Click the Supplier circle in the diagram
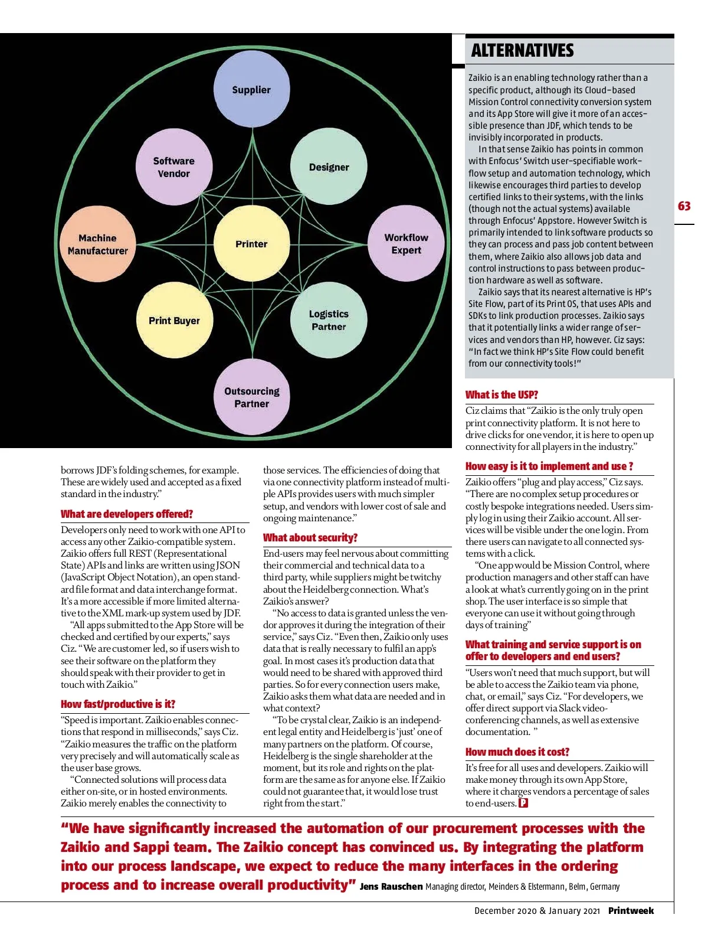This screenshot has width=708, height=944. (251, 90)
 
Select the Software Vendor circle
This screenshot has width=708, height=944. (173, 167)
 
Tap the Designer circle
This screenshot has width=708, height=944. (329, 167)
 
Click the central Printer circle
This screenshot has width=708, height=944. (251, 244)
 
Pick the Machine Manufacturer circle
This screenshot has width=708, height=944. (97, 244)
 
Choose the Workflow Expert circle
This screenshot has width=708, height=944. (406, 244)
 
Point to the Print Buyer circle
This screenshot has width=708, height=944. (174, 321)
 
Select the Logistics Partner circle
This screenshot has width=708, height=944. (329, 321)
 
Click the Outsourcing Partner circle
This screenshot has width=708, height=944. (251, 397)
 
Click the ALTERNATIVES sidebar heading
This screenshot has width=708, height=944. (522, 51)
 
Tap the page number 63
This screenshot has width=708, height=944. (684, 206)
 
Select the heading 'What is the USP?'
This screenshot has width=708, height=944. (501, 395)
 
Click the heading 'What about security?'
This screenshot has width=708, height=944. (310, 538)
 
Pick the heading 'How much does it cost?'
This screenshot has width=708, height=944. (517, 752)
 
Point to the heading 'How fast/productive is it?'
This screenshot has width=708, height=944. (118, 704)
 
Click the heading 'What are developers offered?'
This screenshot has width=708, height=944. (127, 514)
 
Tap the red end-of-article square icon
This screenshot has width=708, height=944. (523, 803)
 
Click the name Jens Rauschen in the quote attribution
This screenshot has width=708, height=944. (391, 887)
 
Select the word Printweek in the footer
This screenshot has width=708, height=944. (631, 911)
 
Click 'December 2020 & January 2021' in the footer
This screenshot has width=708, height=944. (537, 911)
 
